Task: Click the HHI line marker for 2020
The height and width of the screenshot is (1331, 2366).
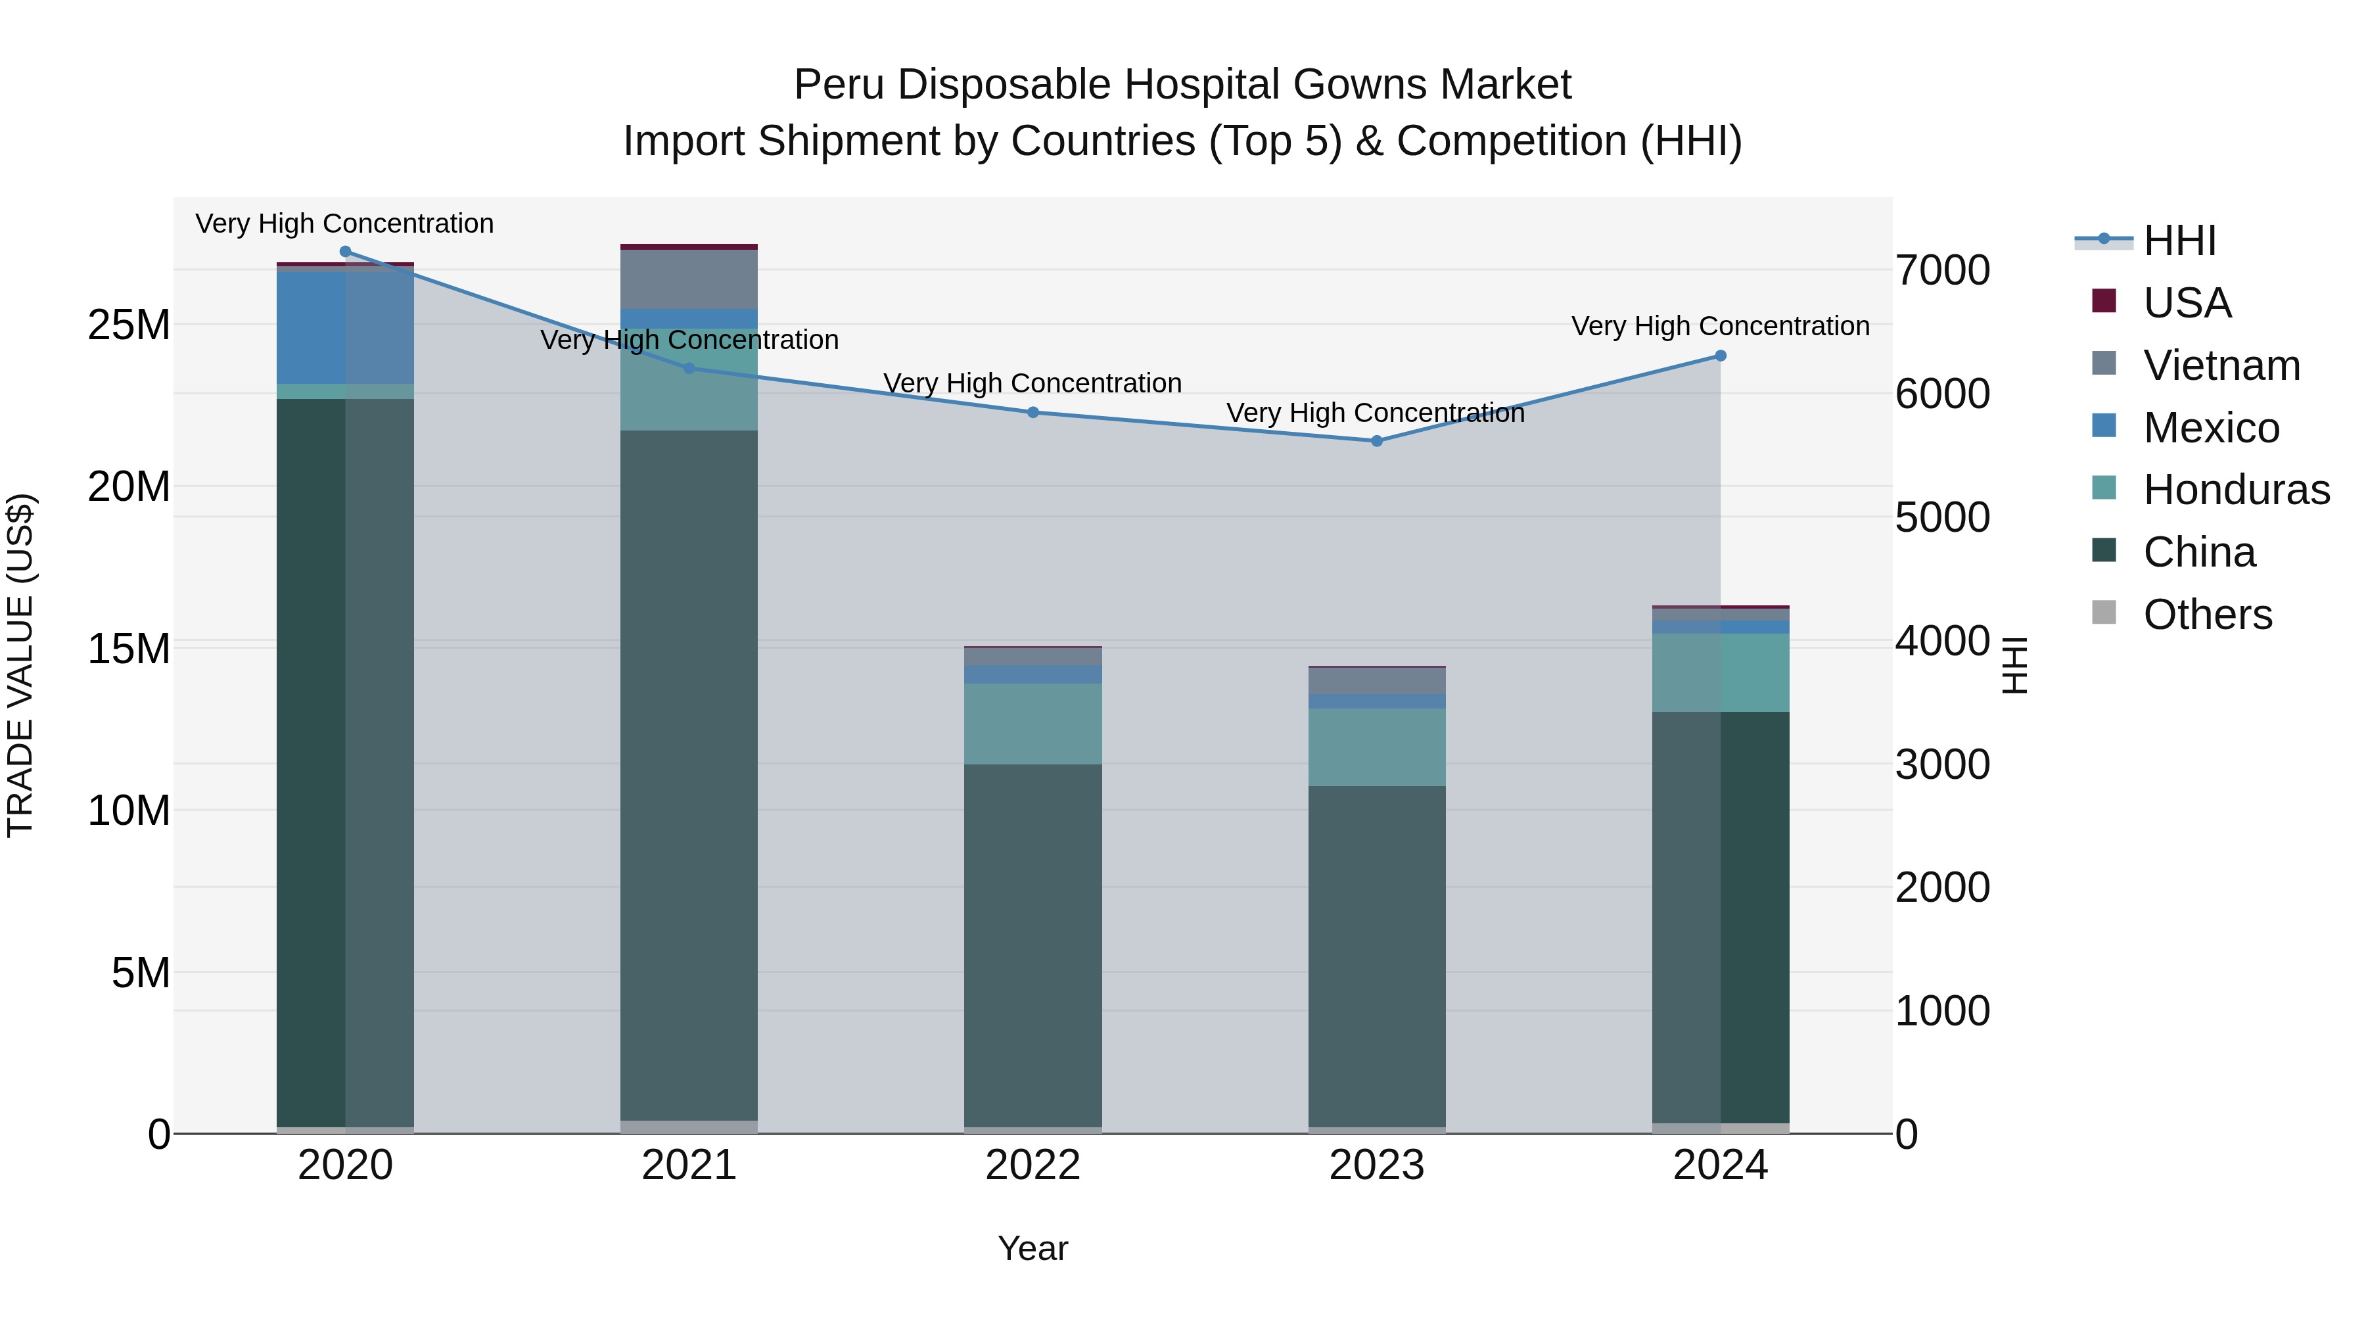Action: coord(345,252)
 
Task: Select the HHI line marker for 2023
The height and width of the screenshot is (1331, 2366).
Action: coord(1376,441)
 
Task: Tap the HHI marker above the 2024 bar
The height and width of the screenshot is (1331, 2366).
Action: coord(1721,356)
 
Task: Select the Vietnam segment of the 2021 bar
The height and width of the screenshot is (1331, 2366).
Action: coord(689,279)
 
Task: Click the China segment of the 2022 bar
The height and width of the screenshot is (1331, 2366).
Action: coord(1032,946)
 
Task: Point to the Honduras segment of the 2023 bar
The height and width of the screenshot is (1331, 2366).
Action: coord(1376,747)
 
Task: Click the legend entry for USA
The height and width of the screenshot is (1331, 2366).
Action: coord(2186,303)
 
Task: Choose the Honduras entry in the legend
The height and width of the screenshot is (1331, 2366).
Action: coord(2236,490)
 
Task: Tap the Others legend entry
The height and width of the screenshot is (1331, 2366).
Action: coord(2207,615)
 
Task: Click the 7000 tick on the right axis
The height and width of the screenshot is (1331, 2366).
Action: coord(1941,271)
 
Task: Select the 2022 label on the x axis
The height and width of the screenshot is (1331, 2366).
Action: coord(1032,1165)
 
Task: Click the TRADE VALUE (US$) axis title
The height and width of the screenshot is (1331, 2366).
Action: coord(20,665)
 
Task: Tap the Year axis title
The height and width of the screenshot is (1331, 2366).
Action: coord(1032,1248)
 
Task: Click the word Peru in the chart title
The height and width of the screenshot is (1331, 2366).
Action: coord(838,85)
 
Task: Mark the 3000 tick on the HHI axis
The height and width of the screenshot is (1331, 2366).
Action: coord(1941,764)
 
